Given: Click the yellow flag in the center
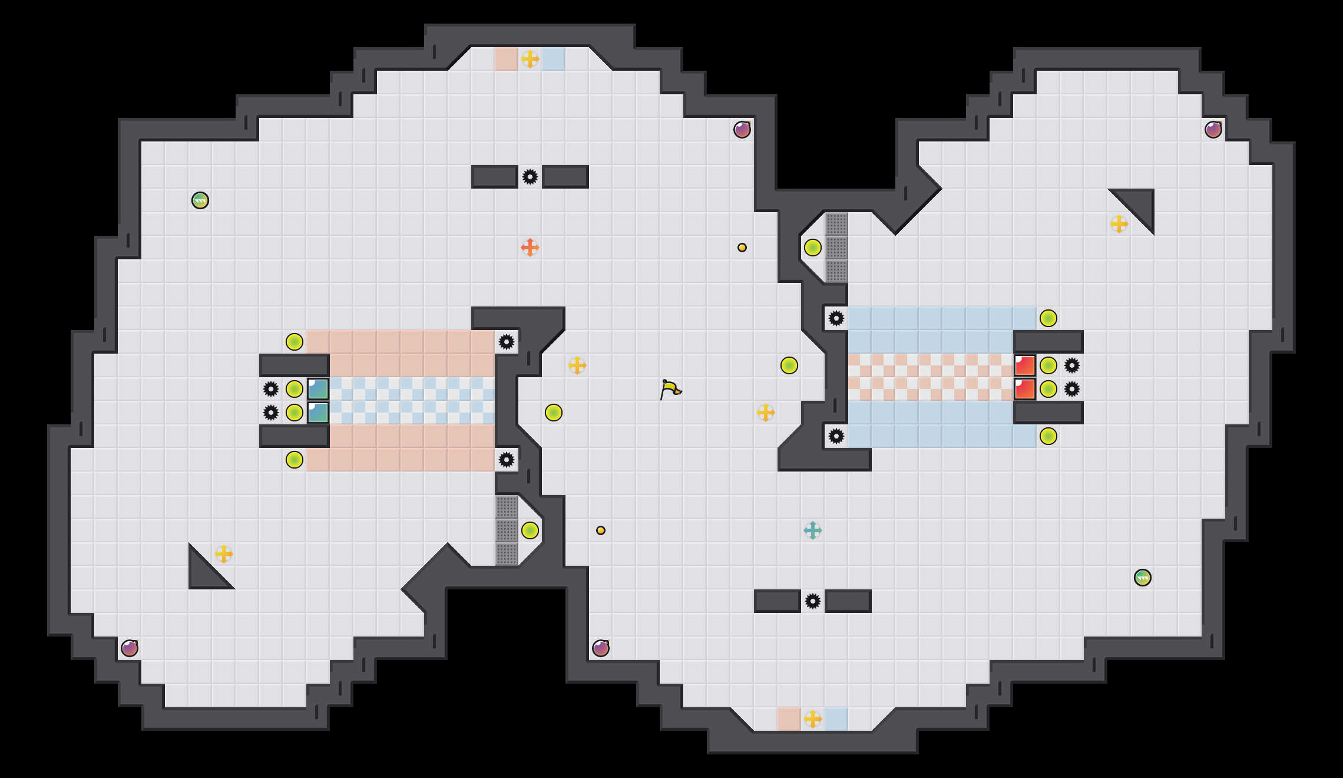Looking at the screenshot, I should click(670, 389).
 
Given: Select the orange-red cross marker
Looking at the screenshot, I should click(530, 248).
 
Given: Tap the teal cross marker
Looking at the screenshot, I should click(813, 530).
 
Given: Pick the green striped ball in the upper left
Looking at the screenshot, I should click(200, 200).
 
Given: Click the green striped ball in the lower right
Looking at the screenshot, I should click(1143, 578).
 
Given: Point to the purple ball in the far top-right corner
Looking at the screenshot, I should click(1213, 130).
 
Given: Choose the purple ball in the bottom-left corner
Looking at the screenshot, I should click(130, 648).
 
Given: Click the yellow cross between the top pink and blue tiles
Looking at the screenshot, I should click(530, 59).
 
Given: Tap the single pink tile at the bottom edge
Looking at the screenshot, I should click(789, 719).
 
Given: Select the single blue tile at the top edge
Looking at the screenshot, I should click(554, 59).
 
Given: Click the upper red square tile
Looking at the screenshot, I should click(1025, 365).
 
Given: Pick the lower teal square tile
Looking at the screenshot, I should click(318, 413).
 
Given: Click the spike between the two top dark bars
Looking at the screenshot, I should click(530, 177).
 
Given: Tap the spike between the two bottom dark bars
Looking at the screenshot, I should click(813, 601).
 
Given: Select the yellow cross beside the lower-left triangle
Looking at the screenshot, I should click(224, 554).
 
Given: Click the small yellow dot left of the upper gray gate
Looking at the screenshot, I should click(742, 248).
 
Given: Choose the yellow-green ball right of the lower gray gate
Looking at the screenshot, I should click(530, 530).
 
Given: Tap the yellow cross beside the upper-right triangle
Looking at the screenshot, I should click(1119, 224).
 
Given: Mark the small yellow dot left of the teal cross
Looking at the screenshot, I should click(601, 530).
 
